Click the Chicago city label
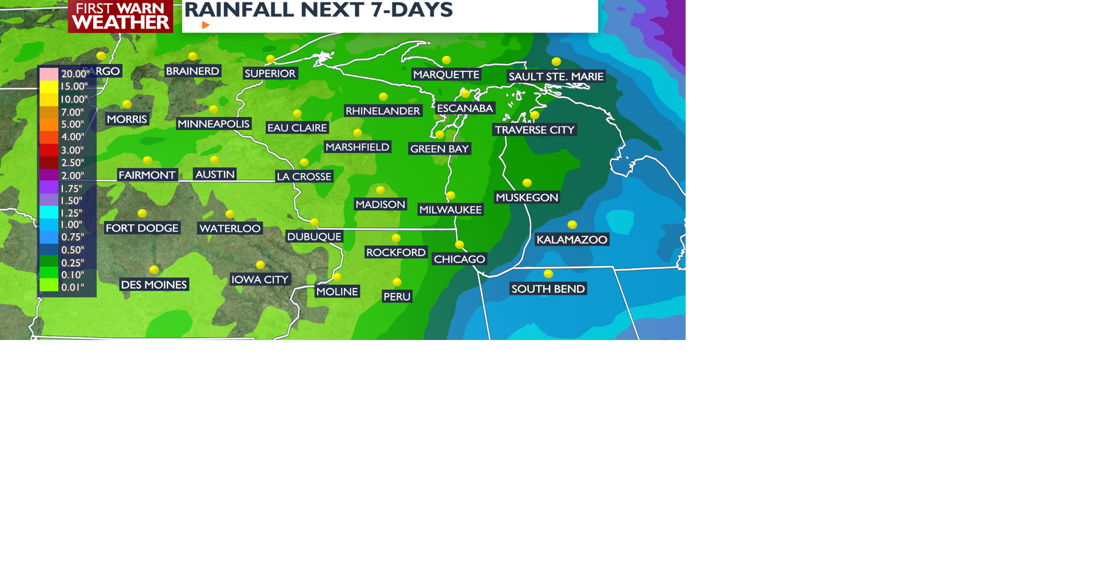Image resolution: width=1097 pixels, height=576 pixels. click(x=459, y=259)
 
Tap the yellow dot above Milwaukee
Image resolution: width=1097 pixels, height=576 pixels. click(x=451, y=196)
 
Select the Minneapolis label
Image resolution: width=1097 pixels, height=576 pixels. click(x=213, y=124)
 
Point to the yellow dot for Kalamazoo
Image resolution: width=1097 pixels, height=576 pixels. click(x=572, y=225)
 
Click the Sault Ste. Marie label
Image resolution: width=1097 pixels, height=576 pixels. click(x=556, y=77)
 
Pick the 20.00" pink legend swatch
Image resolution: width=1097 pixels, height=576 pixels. click(x=49, y=74)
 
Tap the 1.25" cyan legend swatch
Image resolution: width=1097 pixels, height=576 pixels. click(x=49, y=213)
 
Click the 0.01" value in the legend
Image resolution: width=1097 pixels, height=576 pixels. click(x=73, y=287)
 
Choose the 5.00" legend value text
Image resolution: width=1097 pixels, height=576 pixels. click(x=73, y=125)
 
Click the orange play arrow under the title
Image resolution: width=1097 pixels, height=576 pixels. click(x=206, y=25)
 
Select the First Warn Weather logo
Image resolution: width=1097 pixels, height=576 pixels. click(x=121, y=16)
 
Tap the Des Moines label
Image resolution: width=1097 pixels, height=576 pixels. click(x=154, y=285)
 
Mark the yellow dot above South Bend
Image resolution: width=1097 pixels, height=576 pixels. click(x=548, y=274)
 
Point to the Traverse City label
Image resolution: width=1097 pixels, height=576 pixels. click(x=534, y=130)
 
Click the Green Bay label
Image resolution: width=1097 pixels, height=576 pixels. click(x=439, y=149)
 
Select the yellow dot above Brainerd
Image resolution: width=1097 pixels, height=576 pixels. click(x=193, y=57)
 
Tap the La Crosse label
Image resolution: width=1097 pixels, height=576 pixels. click(x=304, y=177)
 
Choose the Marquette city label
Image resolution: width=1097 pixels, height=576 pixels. click(x=446, y=75)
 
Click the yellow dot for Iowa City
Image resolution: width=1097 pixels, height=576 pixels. click(x=261, y=265)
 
